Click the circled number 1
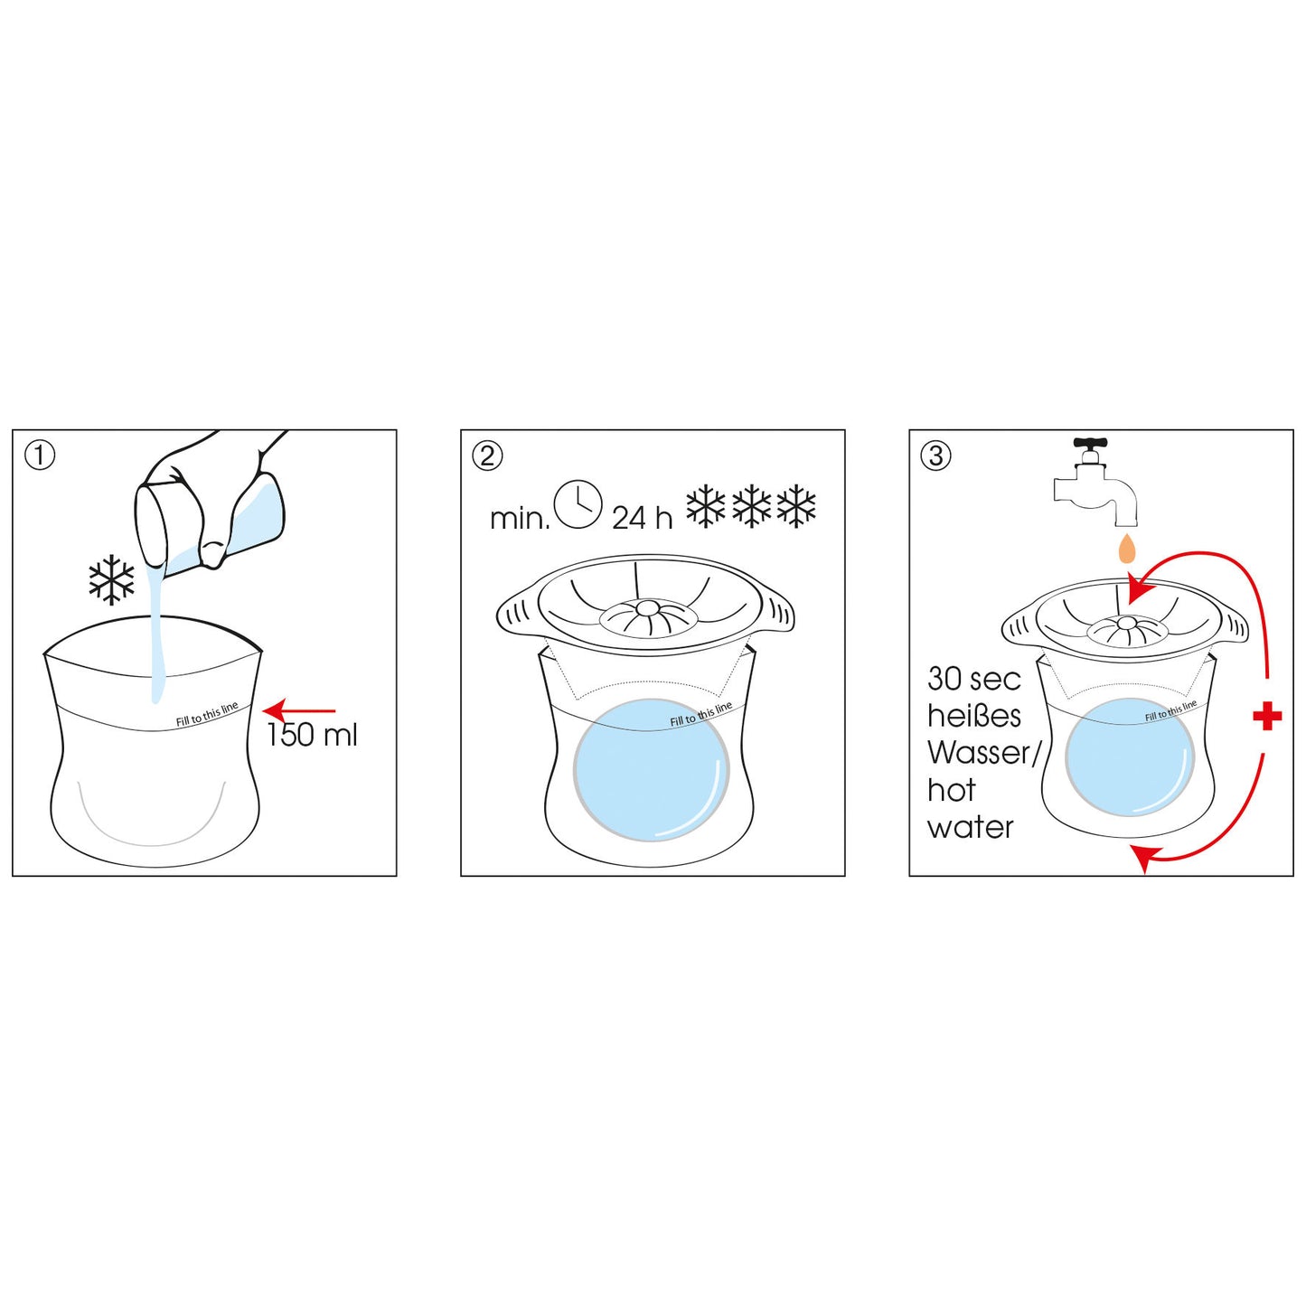tap(40, 456)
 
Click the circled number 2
tap(486, 456)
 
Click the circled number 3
tap(936, 456)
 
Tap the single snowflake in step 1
tap(111, 581)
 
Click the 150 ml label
tap(313, 736)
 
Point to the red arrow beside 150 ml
tap(299, 711)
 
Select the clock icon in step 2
tap(578, 505)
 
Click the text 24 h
tap(642, 519)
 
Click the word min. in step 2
tap(519, 521)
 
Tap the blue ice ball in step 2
tap(651, 770)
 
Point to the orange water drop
tap(1126, 548)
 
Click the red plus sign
tap(1267, 717)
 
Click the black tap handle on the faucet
tap(1092, 445)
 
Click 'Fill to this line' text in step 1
tap(207, 714)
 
